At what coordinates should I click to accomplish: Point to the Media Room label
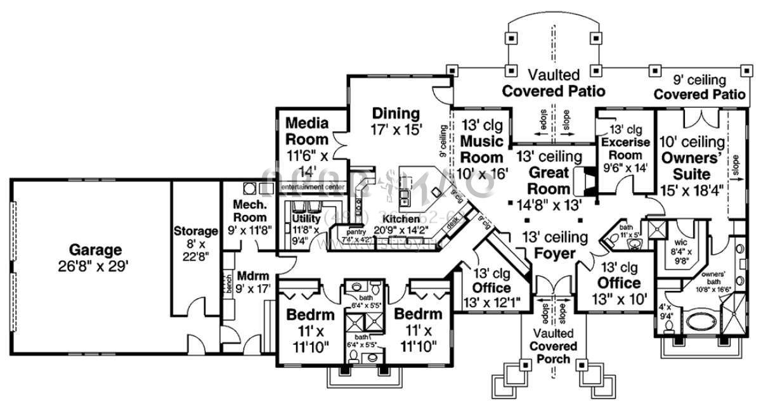[x=307, y=131]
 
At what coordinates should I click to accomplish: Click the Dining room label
[x=396, y=114]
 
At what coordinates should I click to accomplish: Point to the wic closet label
[x=681, y=242]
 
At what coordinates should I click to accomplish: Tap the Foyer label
[x=555, y=254]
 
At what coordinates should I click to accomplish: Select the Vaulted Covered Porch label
[x=555, y=346]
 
